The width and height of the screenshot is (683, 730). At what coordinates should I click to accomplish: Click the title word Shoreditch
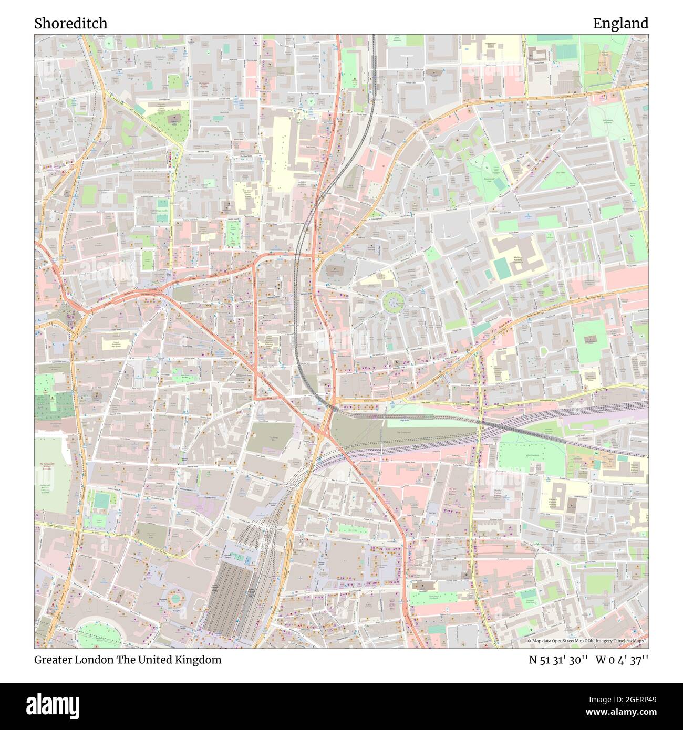click(x=71, y=24)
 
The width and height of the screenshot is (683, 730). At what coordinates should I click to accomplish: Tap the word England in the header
click(x=620, y=24)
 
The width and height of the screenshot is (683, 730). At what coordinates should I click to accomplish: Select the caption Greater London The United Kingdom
click(x=128, y=660)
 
